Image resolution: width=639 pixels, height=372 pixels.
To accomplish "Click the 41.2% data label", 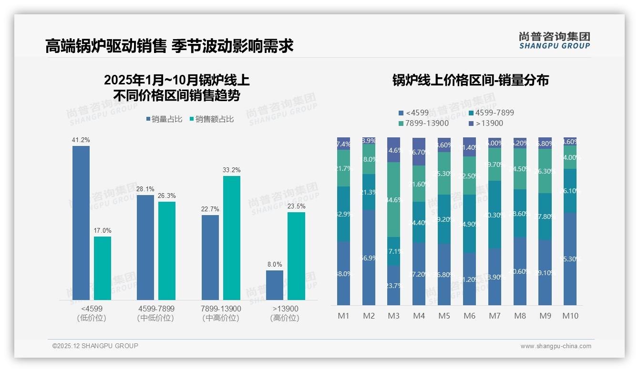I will (x=81, y=140).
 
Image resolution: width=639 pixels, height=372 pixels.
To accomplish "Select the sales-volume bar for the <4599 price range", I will (x=81, y=223).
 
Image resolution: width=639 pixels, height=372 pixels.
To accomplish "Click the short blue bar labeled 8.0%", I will (x=275, y=285).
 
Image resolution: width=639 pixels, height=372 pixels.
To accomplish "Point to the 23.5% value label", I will (x=296, y=207).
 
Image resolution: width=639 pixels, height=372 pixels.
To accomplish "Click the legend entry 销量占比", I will (x=164, y=119).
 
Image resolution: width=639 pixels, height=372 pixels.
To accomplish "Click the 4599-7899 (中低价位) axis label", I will (x=156, y=313).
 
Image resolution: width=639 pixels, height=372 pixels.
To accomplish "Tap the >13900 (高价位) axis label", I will (x=285, y=313).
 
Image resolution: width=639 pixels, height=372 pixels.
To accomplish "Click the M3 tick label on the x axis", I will (x=393, y=316).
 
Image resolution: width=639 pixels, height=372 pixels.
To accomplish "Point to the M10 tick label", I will (x=570, y=316).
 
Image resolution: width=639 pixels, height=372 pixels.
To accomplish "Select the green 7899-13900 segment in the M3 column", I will (x=393, y=199).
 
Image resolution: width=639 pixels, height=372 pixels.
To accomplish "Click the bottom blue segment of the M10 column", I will (x=570, y=258).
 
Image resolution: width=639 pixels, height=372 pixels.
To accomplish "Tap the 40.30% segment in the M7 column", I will (x=495, y=215).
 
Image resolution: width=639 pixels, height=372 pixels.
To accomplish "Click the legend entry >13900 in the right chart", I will (x=486, y=124).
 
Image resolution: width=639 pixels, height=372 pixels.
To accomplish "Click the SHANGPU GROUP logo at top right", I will (x=554, y=41).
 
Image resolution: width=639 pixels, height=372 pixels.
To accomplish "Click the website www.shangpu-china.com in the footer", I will (x=556, y=346).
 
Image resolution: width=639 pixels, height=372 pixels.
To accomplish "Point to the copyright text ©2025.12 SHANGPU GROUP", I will (x=95, y=346).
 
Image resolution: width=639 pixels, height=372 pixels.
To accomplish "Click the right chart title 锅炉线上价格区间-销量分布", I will (x=470, y=80).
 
